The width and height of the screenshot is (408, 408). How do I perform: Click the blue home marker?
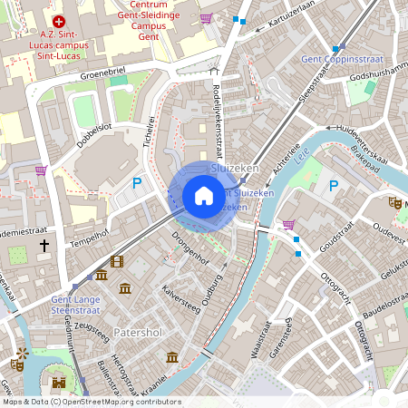203,195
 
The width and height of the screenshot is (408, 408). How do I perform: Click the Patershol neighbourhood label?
138,333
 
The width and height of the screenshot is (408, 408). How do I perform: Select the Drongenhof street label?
189,251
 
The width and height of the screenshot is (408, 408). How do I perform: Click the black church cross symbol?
44,246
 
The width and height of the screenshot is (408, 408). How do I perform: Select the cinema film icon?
116,262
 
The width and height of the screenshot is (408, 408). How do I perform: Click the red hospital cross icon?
60,21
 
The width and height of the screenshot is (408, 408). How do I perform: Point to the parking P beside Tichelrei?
137,182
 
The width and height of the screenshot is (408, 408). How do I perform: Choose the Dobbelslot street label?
94,133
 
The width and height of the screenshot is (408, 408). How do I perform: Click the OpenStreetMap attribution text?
91,402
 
